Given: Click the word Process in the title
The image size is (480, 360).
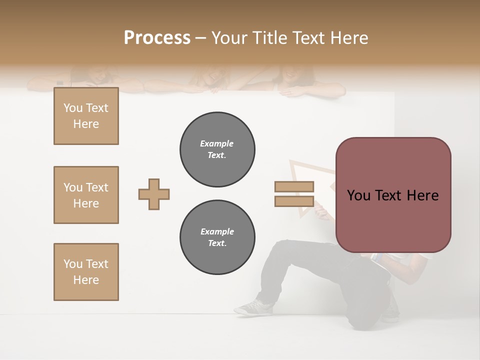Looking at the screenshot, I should tap(157, 38).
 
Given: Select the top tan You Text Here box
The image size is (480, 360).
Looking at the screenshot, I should tap(86, 116).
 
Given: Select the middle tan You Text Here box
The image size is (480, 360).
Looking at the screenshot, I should tap(86, 195).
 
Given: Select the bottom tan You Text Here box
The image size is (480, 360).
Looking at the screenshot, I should tap(86, 272).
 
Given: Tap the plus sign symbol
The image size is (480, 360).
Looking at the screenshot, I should tap(154, 194).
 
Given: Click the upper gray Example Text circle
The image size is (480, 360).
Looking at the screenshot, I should tap(217, 149).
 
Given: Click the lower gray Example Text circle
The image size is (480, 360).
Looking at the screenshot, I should tap(217, 237).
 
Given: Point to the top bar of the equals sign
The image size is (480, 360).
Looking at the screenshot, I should tap(294, 186).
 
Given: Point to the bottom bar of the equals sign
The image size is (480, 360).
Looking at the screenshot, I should tap(294, 201).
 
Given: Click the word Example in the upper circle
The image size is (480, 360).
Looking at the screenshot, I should tap(217, 143).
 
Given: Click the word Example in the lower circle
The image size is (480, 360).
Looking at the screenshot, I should tap(217, 231).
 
